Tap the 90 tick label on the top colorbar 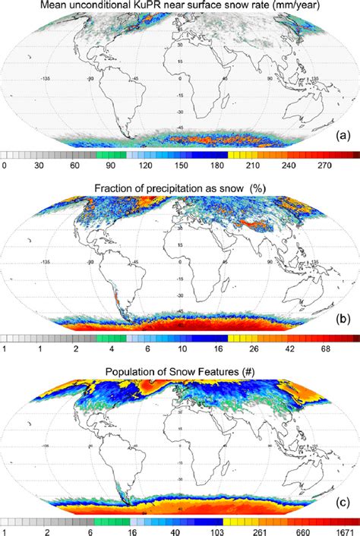(110, 165)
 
